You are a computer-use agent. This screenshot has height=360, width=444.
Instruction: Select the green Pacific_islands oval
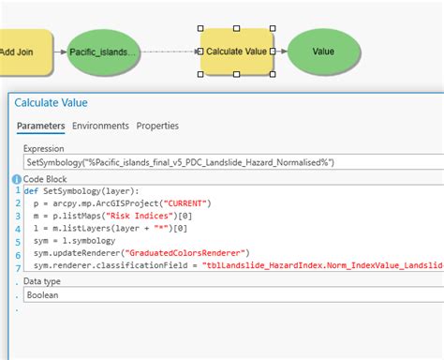point(103,53)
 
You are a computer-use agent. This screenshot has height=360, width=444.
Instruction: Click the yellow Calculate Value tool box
point(237,52)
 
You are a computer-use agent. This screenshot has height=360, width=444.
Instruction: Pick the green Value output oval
point(323,52)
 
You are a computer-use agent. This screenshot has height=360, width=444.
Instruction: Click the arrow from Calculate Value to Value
point(281,52)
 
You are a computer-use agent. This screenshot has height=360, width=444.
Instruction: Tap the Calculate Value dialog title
point(64,102)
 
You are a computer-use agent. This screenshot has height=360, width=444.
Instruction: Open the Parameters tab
point(40,126)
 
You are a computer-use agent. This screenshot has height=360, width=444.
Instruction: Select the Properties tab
point(157,126)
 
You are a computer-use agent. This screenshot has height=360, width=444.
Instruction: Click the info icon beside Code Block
point(17,178)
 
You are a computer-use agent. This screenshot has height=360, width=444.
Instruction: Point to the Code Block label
point(46,178)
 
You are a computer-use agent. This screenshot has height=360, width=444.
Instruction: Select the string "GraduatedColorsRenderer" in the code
point(187,252)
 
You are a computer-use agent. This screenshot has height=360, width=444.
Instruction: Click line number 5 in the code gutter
point(17,239)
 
